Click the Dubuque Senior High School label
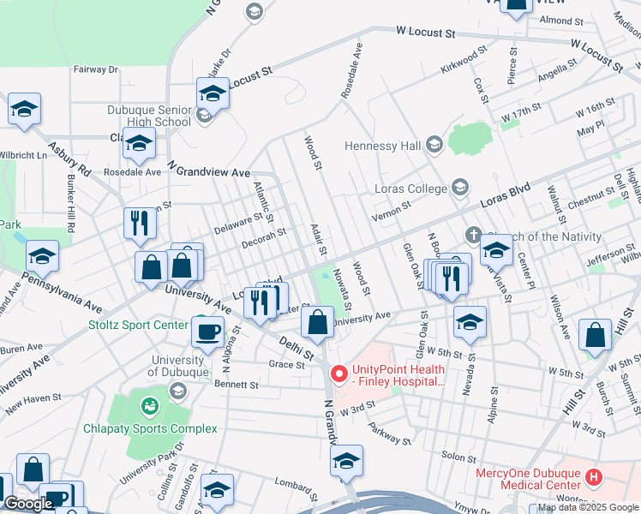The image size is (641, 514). point(149,116)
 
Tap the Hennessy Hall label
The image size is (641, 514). point(383,146)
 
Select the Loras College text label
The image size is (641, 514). point(410,188)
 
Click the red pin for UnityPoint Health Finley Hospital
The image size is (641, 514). point(338,374)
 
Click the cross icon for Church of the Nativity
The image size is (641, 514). point(471,235)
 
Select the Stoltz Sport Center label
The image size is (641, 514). point(138,326)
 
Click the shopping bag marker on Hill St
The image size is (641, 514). point(595,335)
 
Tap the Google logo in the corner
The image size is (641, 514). point(28,504)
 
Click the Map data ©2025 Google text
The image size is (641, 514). point(588,507)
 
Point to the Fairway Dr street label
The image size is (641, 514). point(95,69)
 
